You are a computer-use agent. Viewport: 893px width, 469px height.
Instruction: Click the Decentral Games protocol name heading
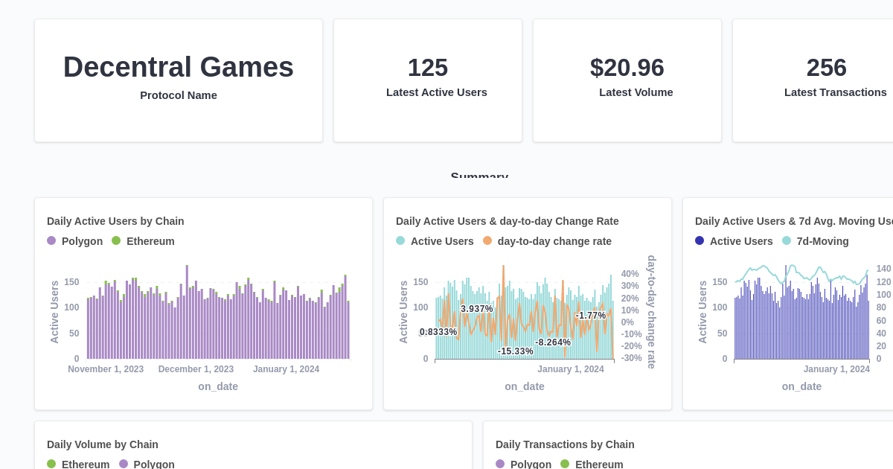tap(178, 67)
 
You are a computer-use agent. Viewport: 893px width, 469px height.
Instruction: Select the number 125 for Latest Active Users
tap(427, 68)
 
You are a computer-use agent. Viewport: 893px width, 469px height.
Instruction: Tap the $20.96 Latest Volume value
tap(627, 68)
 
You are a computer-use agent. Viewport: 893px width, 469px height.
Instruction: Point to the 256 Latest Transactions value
tap(826, 68)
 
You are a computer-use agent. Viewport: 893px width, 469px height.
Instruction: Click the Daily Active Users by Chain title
tap(115, 221)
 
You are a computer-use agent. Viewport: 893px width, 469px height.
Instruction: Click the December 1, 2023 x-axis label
tap(196, 369)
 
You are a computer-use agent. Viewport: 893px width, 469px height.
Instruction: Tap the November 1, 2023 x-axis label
tap(106, 369)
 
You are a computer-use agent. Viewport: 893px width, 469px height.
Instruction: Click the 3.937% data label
tap(476, 309)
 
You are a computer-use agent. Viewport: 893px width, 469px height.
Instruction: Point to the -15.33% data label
tap(515, 351)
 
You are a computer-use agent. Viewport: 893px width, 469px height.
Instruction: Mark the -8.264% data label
tap(553, 342)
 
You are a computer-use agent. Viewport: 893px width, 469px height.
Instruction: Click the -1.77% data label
tap(591, 316)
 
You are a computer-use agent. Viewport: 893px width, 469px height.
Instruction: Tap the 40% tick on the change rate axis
tap(630, 274)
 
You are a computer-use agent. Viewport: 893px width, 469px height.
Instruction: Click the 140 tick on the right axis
tap(883, 269)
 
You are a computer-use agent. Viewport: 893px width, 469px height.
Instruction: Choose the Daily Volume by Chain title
tap(103, 444)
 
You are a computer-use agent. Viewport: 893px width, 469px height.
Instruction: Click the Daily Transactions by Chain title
tap(565, 444)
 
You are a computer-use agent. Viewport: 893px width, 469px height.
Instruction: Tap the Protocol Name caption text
tap(179, 95)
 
